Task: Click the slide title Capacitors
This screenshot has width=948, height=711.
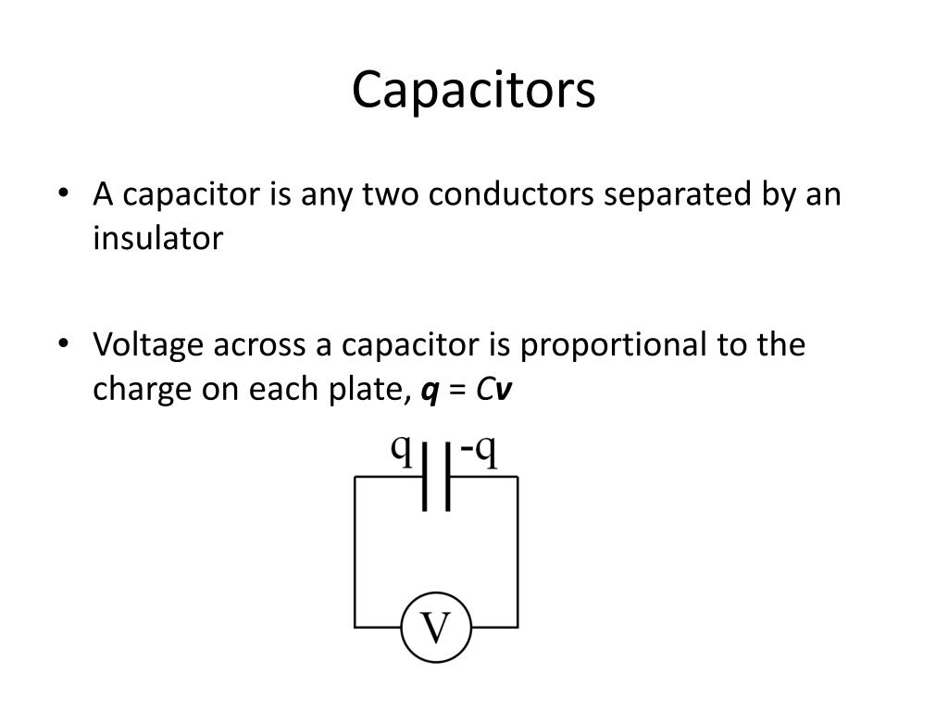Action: click(x=473, y=91)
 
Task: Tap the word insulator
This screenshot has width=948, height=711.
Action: click(x=157, y=239)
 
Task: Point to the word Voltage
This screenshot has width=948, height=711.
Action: click(x=150, y=345)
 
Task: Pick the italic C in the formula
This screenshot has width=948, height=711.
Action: click(x=484, y=390)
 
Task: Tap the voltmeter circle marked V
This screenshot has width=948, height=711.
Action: click(x=435, y=629)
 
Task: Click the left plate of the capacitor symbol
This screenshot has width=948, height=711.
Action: click(x=425, y=477)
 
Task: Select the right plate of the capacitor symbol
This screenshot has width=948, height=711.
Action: click(x=448, y=477)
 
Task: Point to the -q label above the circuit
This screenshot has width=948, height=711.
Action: click(x=480, y=451)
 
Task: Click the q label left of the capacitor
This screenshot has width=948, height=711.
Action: click(x=401, y=448)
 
